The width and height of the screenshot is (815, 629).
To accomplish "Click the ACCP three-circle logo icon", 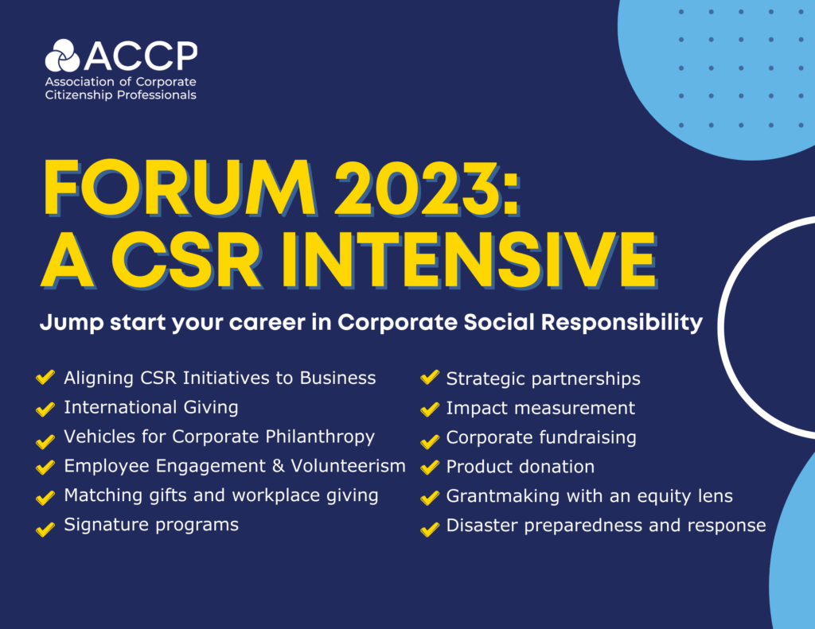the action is click(62, 56).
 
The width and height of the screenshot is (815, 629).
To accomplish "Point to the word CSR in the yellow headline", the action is click(187, 260).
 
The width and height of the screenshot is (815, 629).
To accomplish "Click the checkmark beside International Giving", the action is click(45, 408).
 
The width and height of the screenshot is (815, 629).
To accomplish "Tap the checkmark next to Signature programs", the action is click(45, 528).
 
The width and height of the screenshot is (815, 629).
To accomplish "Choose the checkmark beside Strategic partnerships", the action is click(430, 377).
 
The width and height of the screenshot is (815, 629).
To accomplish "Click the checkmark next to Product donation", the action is click(430, 467).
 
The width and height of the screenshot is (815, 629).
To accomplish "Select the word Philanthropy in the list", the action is click(320, 437).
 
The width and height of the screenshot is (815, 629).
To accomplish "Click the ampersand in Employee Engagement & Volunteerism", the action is click(279, 466).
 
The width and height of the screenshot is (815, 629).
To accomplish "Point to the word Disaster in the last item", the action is click(482, 525).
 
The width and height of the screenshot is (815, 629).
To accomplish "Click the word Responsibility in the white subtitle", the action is click(622, 323).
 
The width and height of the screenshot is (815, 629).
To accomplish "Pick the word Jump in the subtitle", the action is click(72, 323).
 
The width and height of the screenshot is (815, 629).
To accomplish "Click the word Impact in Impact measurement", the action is click(477, 409).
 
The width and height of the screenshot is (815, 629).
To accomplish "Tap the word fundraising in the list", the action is click(588, 437).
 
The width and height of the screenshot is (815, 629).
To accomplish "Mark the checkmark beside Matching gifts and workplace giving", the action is click(45, 498).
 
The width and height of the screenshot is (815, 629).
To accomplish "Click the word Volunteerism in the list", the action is click(349, 466).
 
